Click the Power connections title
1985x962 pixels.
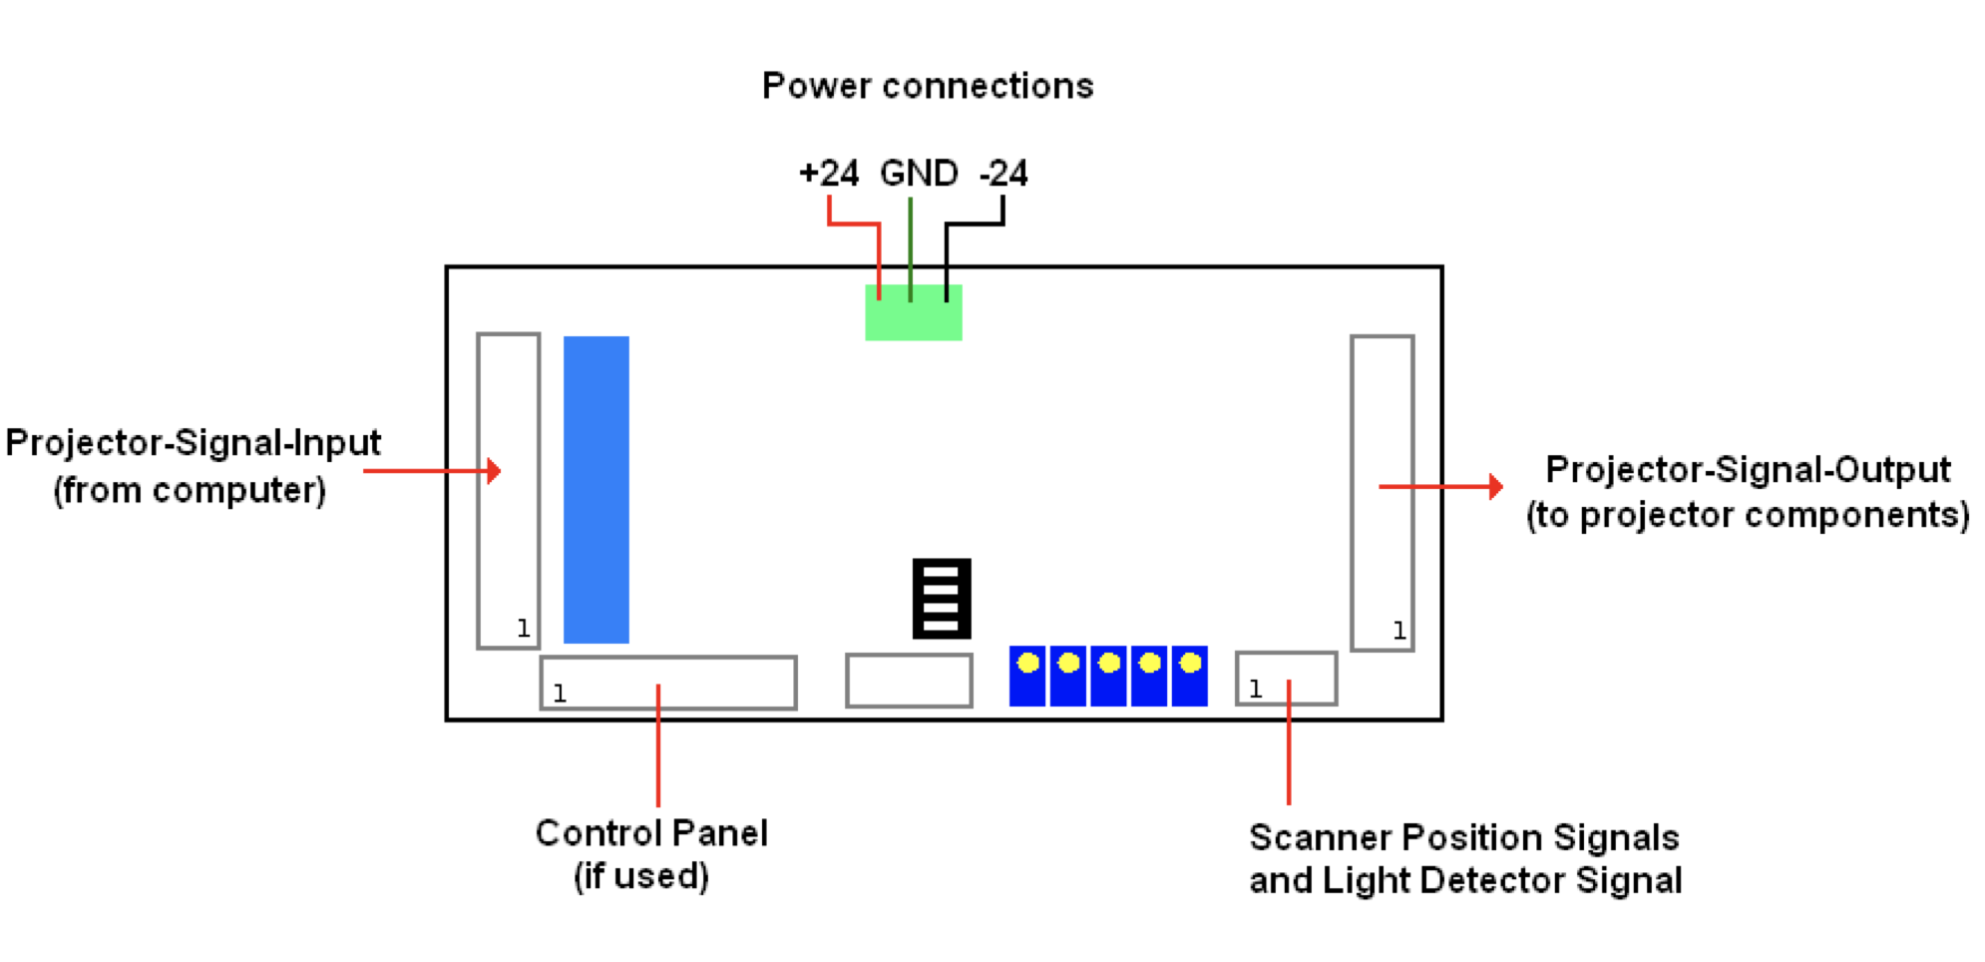pyautogui.click(x=928, y=86)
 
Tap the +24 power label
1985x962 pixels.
pyautogui.click(x=829, y=174)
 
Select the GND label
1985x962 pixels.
pyautogui.click(x=919, y=174)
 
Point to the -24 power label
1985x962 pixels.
pyautogui.click(x=1003, y=174)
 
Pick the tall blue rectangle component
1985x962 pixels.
pyautogui.click(x=596, y=489)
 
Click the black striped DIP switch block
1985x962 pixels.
pyautogui.click(x=942, y=599)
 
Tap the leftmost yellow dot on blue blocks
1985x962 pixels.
pyautogui.click(x=1028, y=663)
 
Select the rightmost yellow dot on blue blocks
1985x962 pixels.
pyautogui.click(x=1190, y=663)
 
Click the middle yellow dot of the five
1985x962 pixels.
pyautogui.click(x=1109, y=663)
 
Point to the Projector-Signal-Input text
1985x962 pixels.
pyautogui.click(x=194, y=443)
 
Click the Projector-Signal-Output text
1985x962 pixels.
pyautogui.click(x=1748, y=470)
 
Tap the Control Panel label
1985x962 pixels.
pyautogui.click(x=651, y=833)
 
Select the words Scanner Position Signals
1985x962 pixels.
pyautogui.click(x=1463, y=838)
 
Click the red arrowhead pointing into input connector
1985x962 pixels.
pyautogui.click(x=494, y=471)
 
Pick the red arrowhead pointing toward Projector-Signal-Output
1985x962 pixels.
pyautogui.click(x=1495, y=487)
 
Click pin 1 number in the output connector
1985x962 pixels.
pyautogui.click(x=1399, y=631)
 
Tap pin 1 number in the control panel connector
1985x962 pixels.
pyautogui.click(x=560, y=694)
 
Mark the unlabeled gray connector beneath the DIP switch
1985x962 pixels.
pyautogui.click(x=909, y=681)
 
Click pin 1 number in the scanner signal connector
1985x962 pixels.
pyautogui.click(x=1256, y=689)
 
